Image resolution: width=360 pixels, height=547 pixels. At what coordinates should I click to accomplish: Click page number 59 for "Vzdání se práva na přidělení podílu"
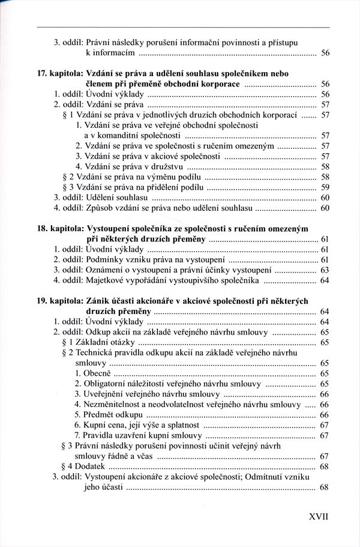coord(325,187)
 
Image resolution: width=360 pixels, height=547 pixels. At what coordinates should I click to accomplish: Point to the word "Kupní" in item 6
coord(95,425)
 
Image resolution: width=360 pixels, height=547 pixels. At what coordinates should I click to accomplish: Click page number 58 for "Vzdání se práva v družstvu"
coord(325,166)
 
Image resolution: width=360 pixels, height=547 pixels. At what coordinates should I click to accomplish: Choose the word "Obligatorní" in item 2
coord(108,383)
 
